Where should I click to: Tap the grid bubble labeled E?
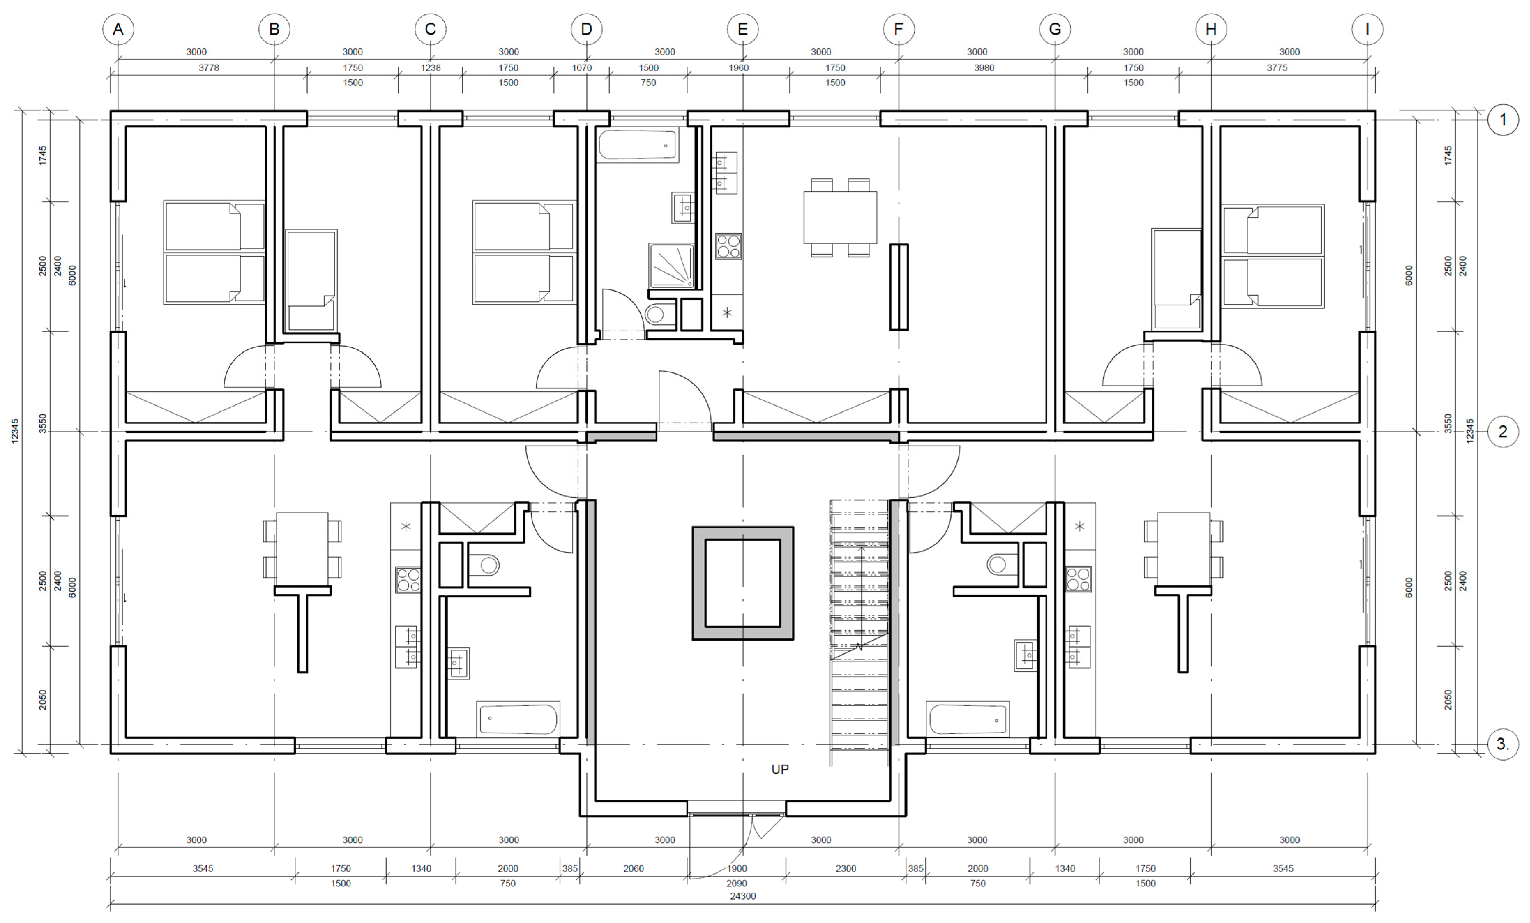pyautogui.click(x=743, y=29)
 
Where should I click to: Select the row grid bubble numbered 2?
pyautogui.click(x=1503, y=432)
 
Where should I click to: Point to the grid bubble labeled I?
pyautogui.click(x=1367, y=29)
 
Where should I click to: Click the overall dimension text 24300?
pyautogui.click(x=743, y=896)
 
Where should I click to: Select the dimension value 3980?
pyautogui.click(x=984, y=68)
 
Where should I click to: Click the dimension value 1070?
pyautogui.click(x=582, y=68)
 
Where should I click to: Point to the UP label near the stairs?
pyautogui.click(x=780, y=770)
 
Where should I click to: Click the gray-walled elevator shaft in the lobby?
pyautogui.click(x=743, y=583)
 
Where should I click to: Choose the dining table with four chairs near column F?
pyautogui.click(x=840, y=217)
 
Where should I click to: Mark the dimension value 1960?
pyautogui.click(x=738, y=68)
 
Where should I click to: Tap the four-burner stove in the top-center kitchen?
pyautogui.click(x=728, y=246)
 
